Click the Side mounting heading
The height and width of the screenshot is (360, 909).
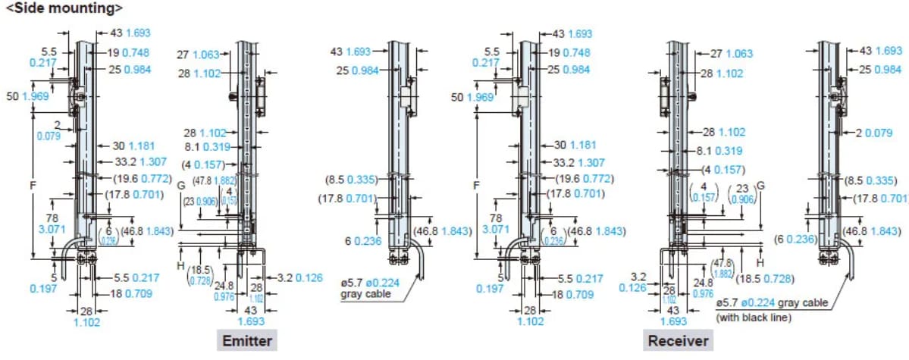[64, 9]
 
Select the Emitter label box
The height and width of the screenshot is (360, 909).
[246, 340]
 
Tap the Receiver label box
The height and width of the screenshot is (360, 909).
[678, 340]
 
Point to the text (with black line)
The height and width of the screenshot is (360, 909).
[754, 317]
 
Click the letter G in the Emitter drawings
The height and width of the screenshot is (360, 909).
[180, 185]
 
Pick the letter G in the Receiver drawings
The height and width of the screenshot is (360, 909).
[760, 186]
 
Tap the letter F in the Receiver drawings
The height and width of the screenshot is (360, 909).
[476, 185]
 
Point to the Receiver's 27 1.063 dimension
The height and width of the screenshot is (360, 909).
[732, 54]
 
